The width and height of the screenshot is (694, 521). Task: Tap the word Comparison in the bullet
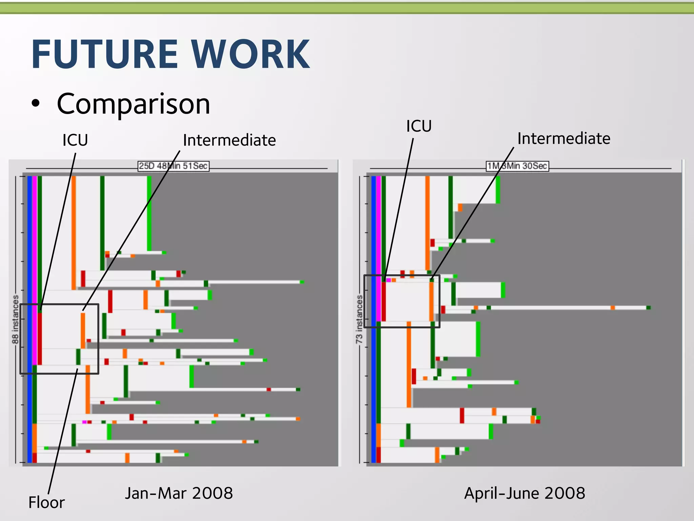coord(134,104)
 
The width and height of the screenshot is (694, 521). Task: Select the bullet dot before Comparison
coord(36,104)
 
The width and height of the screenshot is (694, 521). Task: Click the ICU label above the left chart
coord(75,140)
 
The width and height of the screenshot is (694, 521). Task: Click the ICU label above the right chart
coord(419,126)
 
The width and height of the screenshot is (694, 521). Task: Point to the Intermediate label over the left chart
coord(229,140)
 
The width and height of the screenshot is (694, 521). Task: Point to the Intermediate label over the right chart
coord(564,138)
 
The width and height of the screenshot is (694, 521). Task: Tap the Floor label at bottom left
coord(46,502)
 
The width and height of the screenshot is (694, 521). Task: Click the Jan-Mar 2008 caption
coord(179,493)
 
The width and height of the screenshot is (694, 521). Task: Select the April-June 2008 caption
coord(525,493)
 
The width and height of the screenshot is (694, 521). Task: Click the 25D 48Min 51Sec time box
coord(173,166)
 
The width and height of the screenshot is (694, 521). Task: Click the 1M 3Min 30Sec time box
coord(517,166)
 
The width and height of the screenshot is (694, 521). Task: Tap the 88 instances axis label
coord(15,319)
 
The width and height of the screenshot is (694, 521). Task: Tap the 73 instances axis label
coord(359,319)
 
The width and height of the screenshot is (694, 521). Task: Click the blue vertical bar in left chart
coord(29,319)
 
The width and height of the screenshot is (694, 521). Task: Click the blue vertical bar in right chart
coord(373,319)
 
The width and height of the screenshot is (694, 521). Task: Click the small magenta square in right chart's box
coord(388,280)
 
